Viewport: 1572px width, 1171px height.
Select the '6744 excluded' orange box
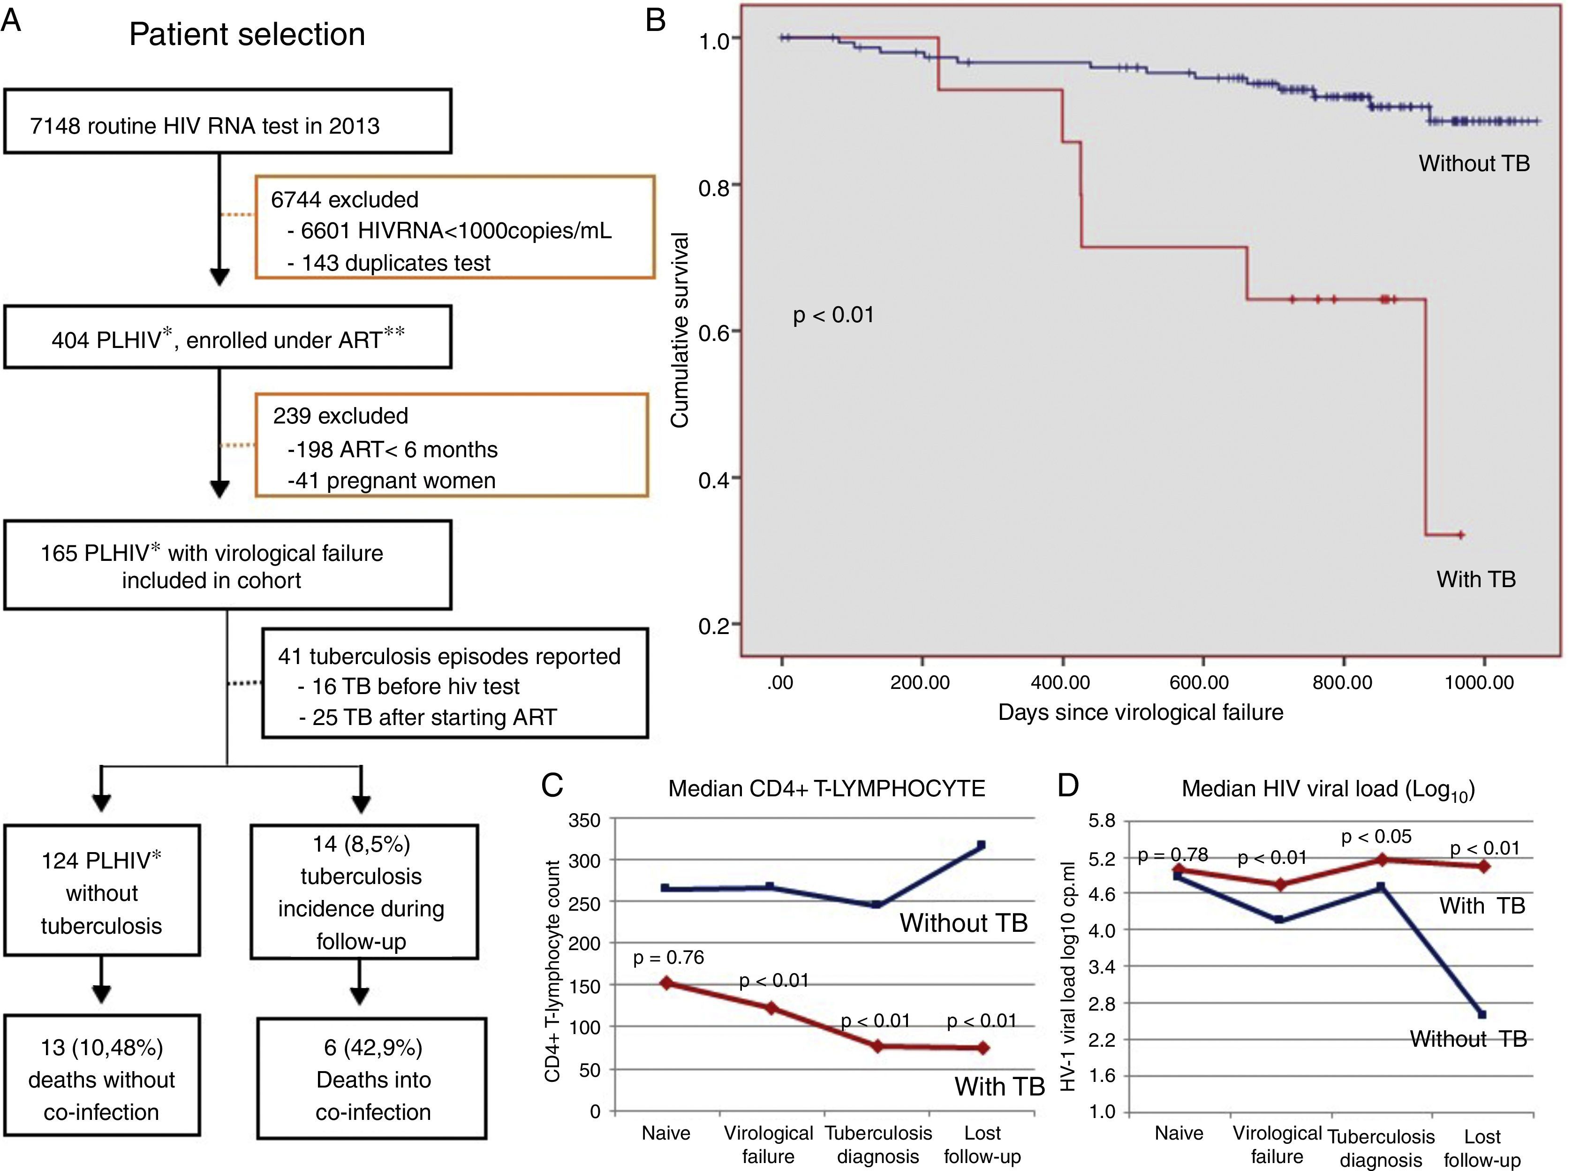point(454,227)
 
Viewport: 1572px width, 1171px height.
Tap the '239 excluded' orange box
point(452,445)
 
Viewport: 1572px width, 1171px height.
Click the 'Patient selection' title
point(247,34)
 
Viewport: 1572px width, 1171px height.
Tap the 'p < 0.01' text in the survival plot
point(833,314)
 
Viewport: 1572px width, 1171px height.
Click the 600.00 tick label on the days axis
point(1199,683)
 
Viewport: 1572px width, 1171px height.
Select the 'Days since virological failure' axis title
point(1141,712)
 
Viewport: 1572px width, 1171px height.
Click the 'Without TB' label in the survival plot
point(1474,164)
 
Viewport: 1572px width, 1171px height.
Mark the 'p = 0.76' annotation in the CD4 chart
point(668,958)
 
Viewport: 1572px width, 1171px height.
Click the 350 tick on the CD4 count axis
point(585,821)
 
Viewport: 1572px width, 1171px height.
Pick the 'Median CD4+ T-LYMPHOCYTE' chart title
point(826,788)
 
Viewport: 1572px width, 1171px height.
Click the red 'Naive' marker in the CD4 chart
point(667,983)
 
